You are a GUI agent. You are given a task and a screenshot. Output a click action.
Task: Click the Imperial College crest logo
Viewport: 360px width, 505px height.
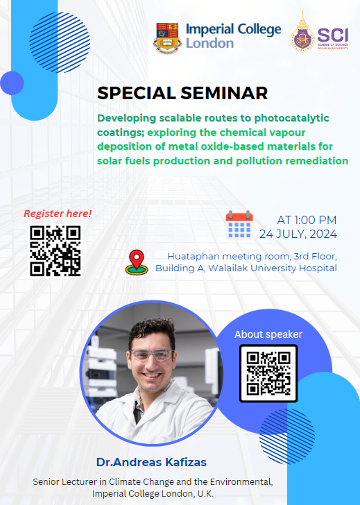point(168,37)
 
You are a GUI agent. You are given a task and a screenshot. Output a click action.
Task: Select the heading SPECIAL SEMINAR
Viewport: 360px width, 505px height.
point(182,93)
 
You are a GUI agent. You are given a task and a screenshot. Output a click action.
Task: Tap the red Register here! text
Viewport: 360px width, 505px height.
point(58,214)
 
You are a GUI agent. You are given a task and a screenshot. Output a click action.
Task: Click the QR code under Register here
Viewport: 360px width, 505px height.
point(55,250)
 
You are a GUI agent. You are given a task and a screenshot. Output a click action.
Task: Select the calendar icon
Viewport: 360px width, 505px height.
point(239,225)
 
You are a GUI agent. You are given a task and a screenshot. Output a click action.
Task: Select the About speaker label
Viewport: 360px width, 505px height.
point(268,334)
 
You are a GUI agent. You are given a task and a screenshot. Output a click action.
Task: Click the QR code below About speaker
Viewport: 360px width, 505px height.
point(268,373)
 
